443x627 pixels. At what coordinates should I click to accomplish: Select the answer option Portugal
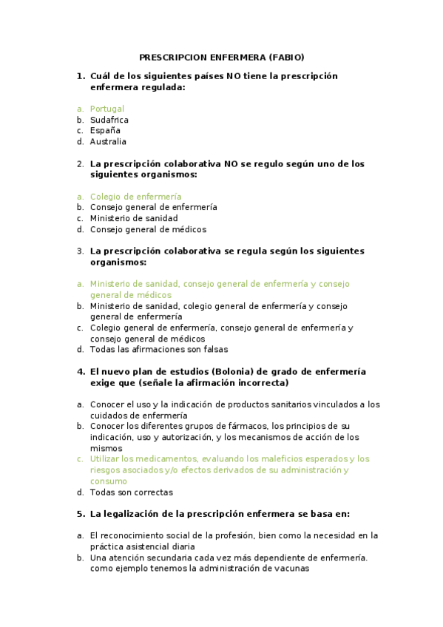coord(107,109)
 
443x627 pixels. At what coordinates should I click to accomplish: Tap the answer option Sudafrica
coord(109,120)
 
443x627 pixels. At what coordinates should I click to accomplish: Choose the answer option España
coord(105,131)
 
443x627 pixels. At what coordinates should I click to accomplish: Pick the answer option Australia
coord(108,142)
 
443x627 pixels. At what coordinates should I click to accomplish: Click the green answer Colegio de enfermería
coord(135,197)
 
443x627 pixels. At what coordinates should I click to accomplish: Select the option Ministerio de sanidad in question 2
coord(134,219)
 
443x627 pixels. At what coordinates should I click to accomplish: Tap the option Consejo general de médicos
coord(148,230)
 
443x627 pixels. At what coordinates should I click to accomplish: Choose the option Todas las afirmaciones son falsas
coord(159,350)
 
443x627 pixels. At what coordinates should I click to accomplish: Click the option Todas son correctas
coord(131,492)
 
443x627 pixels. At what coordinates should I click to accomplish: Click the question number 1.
coord(80,76)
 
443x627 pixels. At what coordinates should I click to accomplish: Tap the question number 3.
coord(80,251)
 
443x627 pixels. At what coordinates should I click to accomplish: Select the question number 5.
coord(80,514)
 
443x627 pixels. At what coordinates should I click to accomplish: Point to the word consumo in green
coord(109,481)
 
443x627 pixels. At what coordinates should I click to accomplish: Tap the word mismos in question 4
coord(106,448)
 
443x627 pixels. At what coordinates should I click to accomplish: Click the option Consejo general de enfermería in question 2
coord(153,208)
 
